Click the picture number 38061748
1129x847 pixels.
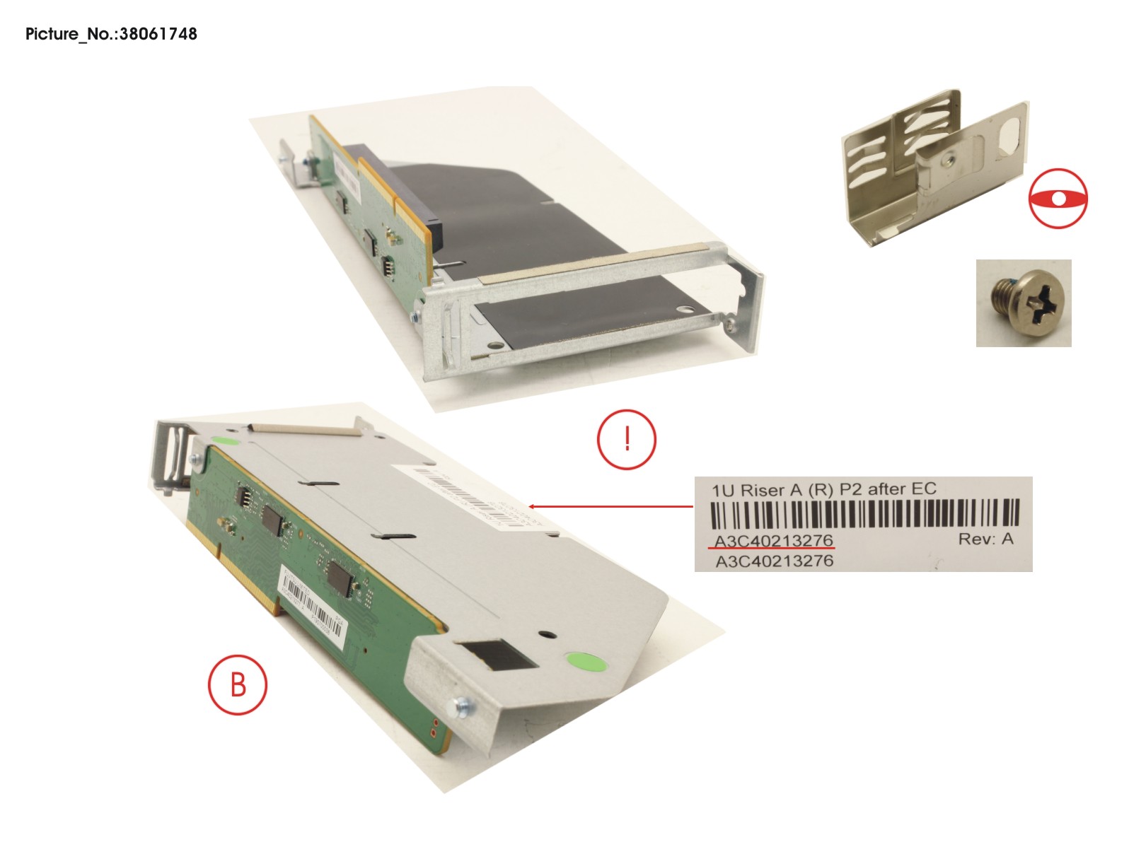(x=158, y=34)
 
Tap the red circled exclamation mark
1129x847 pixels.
(x=627, y=439)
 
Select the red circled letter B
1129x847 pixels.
(x=238, y=684)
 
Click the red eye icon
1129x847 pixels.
(x=1058, y=198)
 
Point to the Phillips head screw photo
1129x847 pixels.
(x=1023, y=303)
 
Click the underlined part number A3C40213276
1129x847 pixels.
(x=773, y=541)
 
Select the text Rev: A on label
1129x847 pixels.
(x=985, y=539)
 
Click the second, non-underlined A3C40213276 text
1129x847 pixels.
(x=775, y=561)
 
